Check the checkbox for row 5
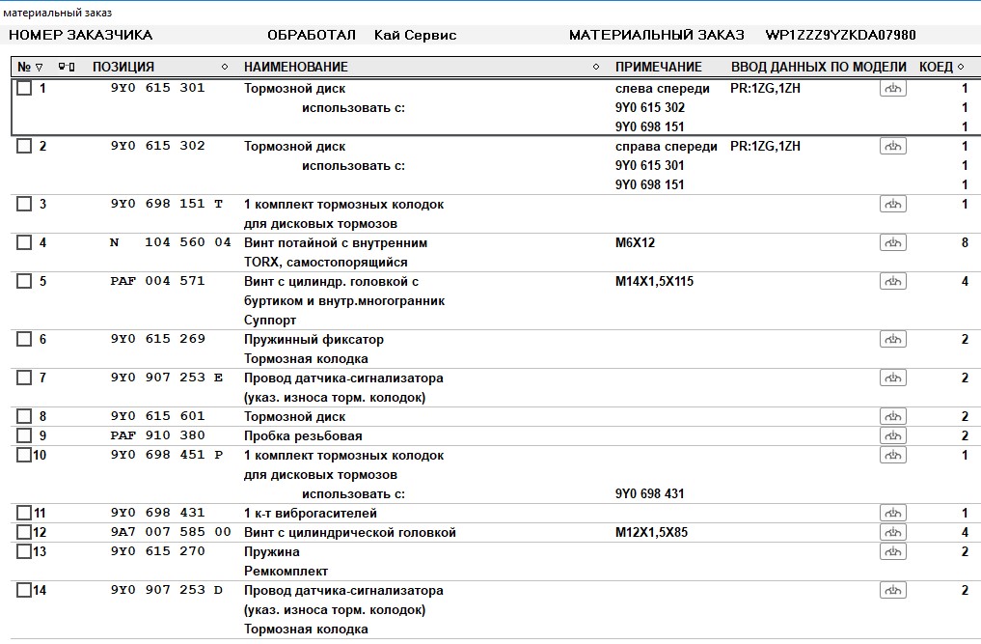click(24, 282)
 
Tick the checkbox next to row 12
click(24, 533)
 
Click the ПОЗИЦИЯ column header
click(123, 68)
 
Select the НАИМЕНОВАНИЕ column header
click(295, 68)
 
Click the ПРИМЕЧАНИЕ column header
click(658, 68)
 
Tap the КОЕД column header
click(935, 68)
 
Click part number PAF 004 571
click(157, 282)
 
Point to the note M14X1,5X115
click(654, 282)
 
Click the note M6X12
click(635, 243)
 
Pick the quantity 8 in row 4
click(965, 243)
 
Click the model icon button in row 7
click(892, 378)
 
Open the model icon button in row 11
click(892, 514)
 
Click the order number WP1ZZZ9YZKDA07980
click(840, 36)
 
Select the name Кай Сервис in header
click(415, 36)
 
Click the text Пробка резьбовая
click(303, 436)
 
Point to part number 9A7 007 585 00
click(171, 533)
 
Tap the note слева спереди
click(662, 89)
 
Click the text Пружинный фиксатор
click(313, 340)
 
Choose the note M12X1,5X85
click(651, 533)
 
